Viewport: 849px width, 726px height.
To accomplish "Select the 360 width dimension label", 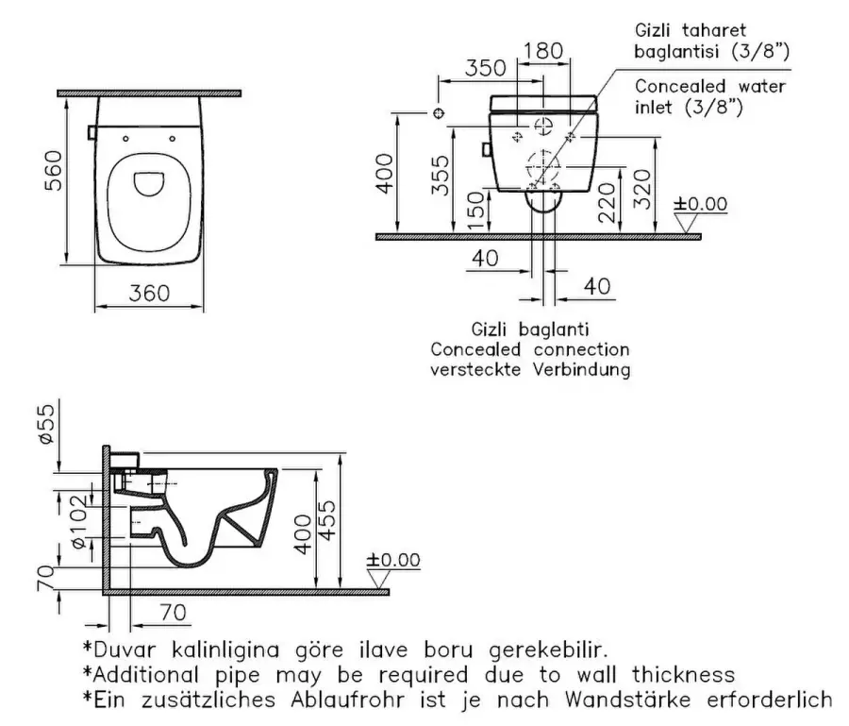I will (x=149, y=294).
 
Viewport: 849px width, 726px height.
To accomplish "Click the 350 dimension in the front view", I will (x=487, y=68).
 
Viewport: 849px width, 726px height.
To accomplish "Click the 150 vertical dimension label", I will (x=479, y=209).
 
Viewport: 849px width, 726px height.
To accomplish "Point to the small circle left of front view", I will (x=438, y=113).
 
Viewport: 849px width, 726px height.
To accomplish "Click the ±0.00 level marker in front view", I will (x=700, y=205).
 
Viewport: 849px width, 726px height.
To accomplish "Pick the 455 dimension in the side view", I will (x=326, y=517).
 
